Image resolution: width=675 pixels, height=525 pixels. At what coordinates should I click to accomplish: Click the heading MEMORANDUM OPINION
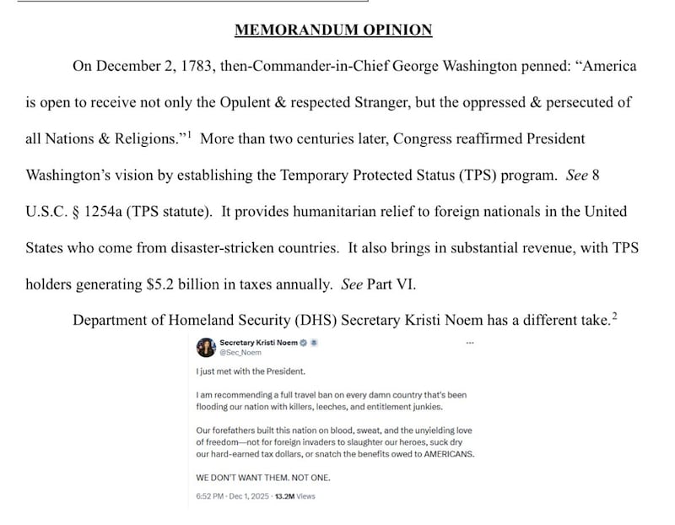coord(333,30)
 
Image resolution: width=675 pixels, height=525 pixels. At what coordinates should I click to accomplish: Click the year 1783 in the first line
coord(186,66)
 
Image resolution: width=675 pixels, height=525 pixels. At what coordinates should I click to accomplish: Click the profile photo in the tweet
coord(205,347)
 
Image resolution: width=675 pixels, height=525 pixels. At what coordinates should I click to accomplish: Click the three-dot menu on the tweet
coord(470,343)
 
